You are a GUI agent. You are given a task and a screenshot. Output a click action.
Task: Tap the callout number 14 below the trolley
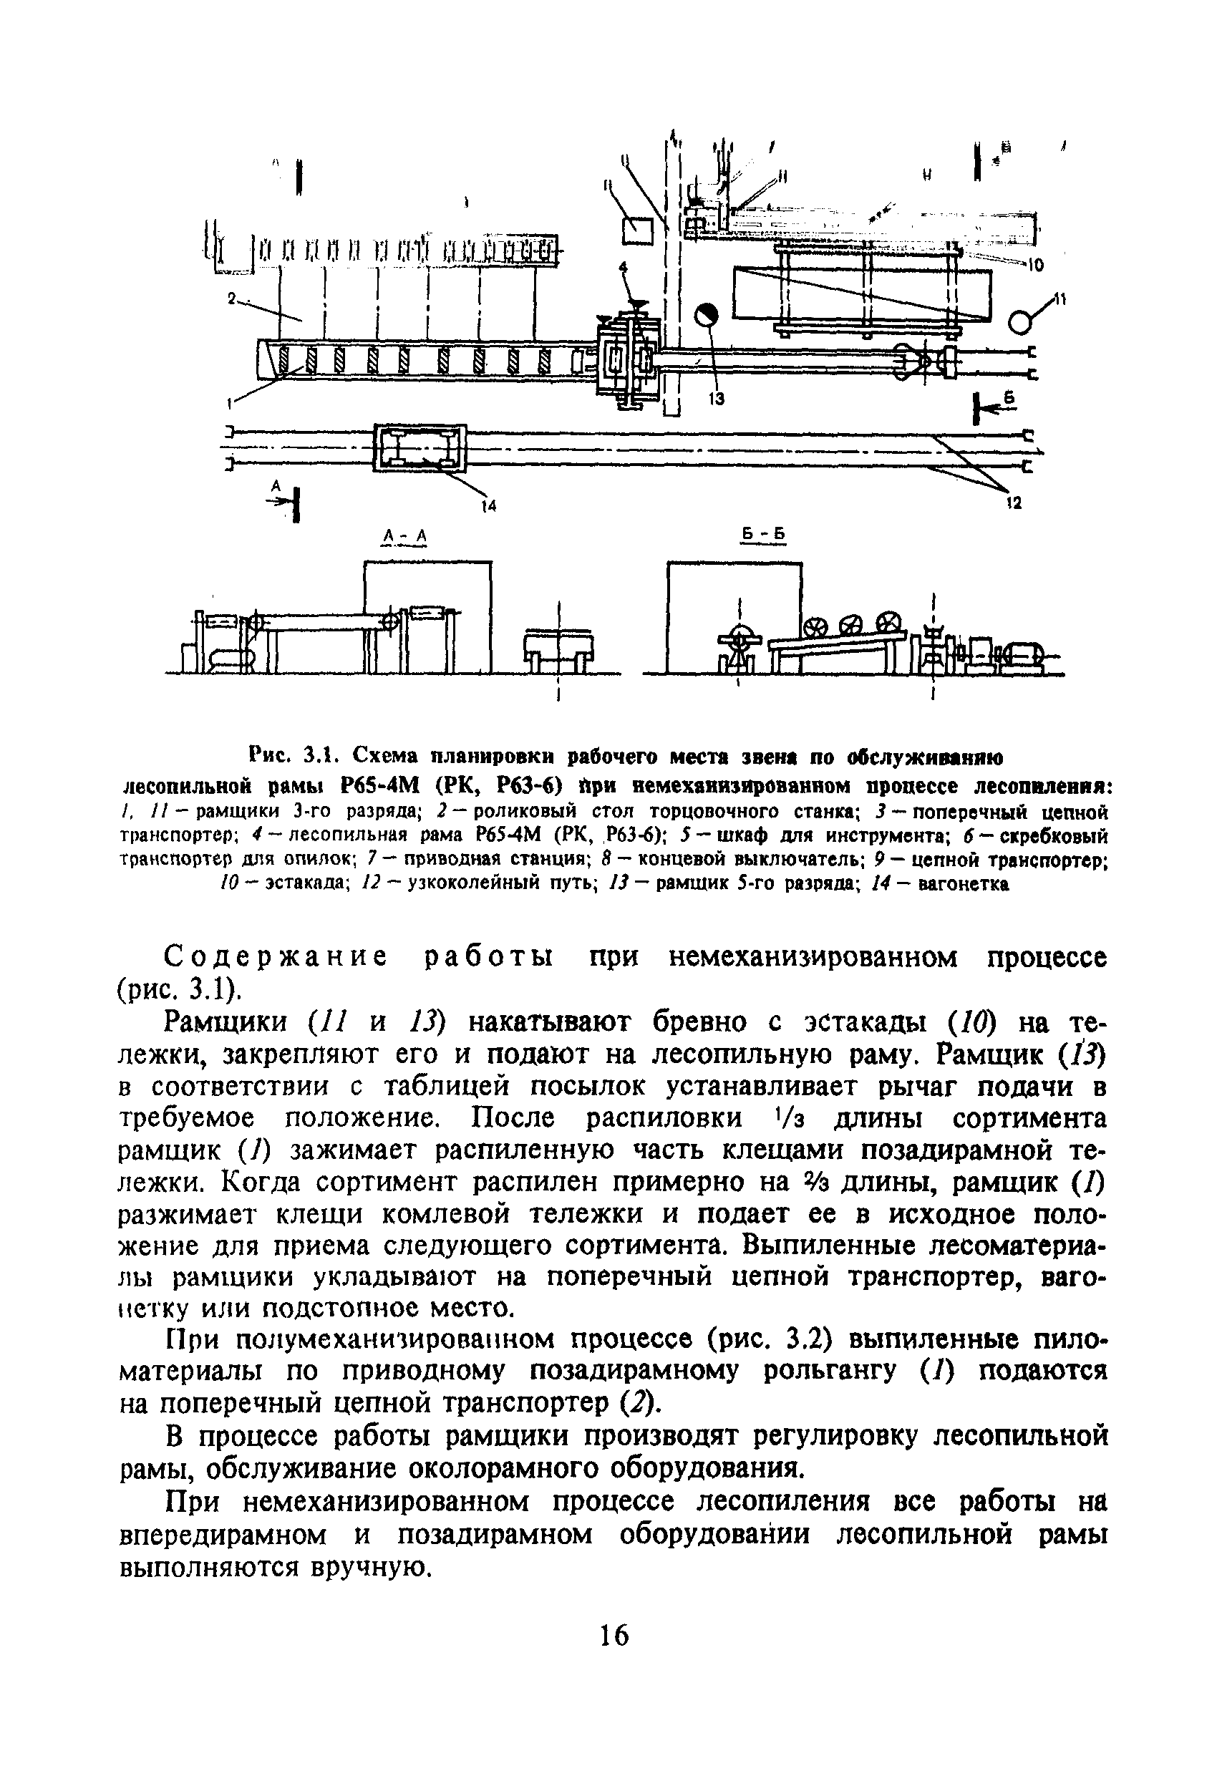[x=488, y=505]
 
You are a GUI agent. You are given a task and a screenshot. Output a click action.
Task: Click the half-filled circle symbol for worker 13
[x=707, y=315]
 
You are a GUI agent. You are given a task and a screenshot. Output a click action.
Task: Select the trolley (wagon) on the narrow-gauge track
[x=419, y=448]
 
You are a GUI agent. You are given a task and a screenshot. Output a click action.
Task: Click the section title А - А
[x=404, y=539]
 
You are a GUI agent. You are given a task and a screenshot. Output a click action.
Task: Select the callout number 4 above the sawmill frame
[x=622, y=268]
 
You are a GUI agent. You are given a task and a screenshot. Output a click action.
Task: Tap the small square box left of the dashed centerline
[x=639, y=230]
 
